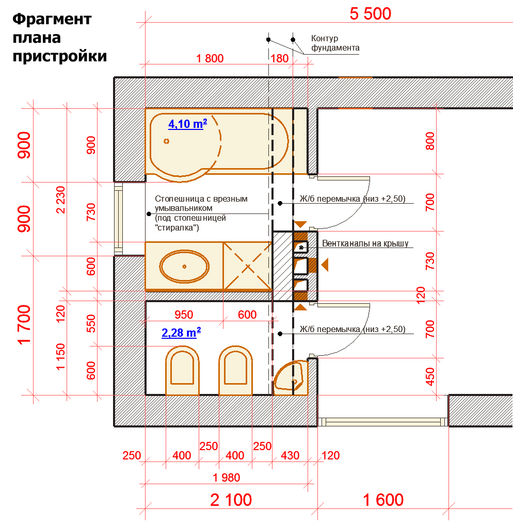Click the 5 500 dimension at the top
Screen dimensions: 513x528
pyautogui.click(x=370, y=14)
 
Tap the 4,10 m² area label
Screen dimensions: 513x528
pyautogui.click(x=187, y=124)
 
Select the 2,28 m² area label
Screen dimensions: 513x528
pyautogui.click(x=181, y=333)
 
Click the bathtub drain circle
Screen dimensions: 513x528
pyautogui.click(x=166, y=141)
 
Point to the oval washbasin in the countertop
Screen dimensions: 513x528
pyautogui.click(x=184, y=267)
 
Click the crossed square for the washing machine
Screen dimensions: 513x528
pyautogui.click(x=247, y=267)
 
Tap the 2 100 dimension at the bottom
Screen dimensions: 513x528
pyautogui.click(x=231, y=500)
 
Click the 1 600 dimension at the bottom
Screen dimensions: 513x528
pyautogui.click(x=383, y=500)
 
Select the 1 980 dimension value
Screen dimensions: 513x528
pyautogui.click(x=226, y=477)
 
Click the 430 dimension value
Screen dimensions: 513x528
pyautogui.click(x=290, y=455)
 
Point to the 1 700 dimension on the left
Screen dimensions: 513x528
pyautogui.click(x=24, y=325)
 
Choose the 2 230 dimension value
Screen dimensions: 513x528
pyautogui.click(x=60, y=200)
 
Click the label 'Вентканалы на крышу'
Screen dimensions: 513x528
pyautogui.click(x=365, y=243)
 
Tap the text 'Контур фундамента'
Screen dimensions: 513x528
pyautogui.click(x=335, y=43)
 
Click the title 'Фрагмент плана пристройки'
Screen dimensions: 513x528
pyautogui.click(x=60, y=38)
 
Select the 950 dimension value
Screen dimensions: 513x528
pyautogui.click(x=184, y=315)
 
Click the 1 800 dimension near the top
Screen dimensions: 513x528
pyautogui.click(x=210, y=58)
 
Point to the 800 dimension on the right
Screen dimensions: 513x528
pyautogui.click(x=430, y=141)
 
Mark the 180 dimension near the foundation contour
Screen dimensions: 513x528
pyautogui.click(x=279, y=58)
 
